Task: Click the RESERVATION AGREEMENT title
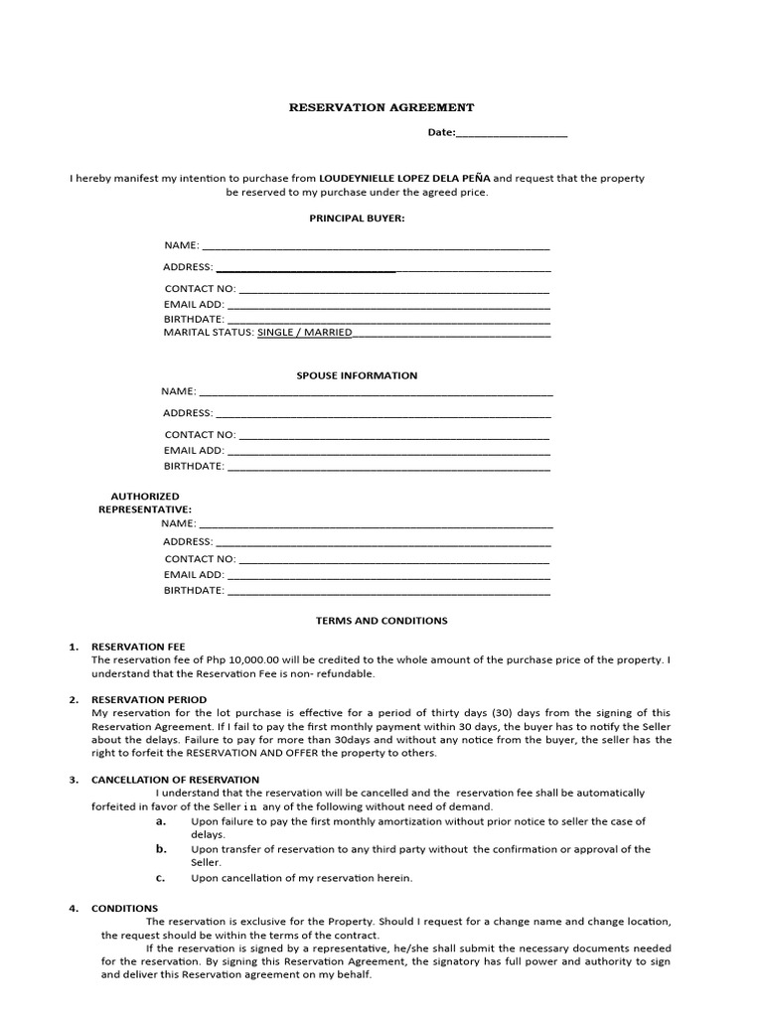point(381,107)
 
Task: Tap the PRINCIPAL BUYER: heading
point(358,218)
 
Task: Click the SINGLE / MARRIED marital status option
point(305,333)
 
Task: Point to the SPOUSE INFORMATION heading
point(358,375)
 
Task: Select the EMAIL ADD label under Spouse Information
point(194,450)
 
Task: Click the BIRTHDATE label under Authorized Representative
point(194,591)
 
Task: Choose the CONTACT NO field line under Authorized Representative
point(394,560)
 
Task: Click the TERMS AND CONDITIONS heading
point(381,621)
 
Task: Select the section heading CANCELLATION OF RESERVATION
point(175,780)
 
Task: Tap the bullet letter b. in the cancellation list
point(160,849)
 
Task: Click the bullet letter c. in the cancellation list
point(160,878)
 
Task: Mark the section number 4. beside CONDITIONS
point(74,909)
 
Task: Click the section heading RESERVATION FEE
point(138,647)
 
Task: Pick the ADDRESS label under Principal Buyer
point(188,267)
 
